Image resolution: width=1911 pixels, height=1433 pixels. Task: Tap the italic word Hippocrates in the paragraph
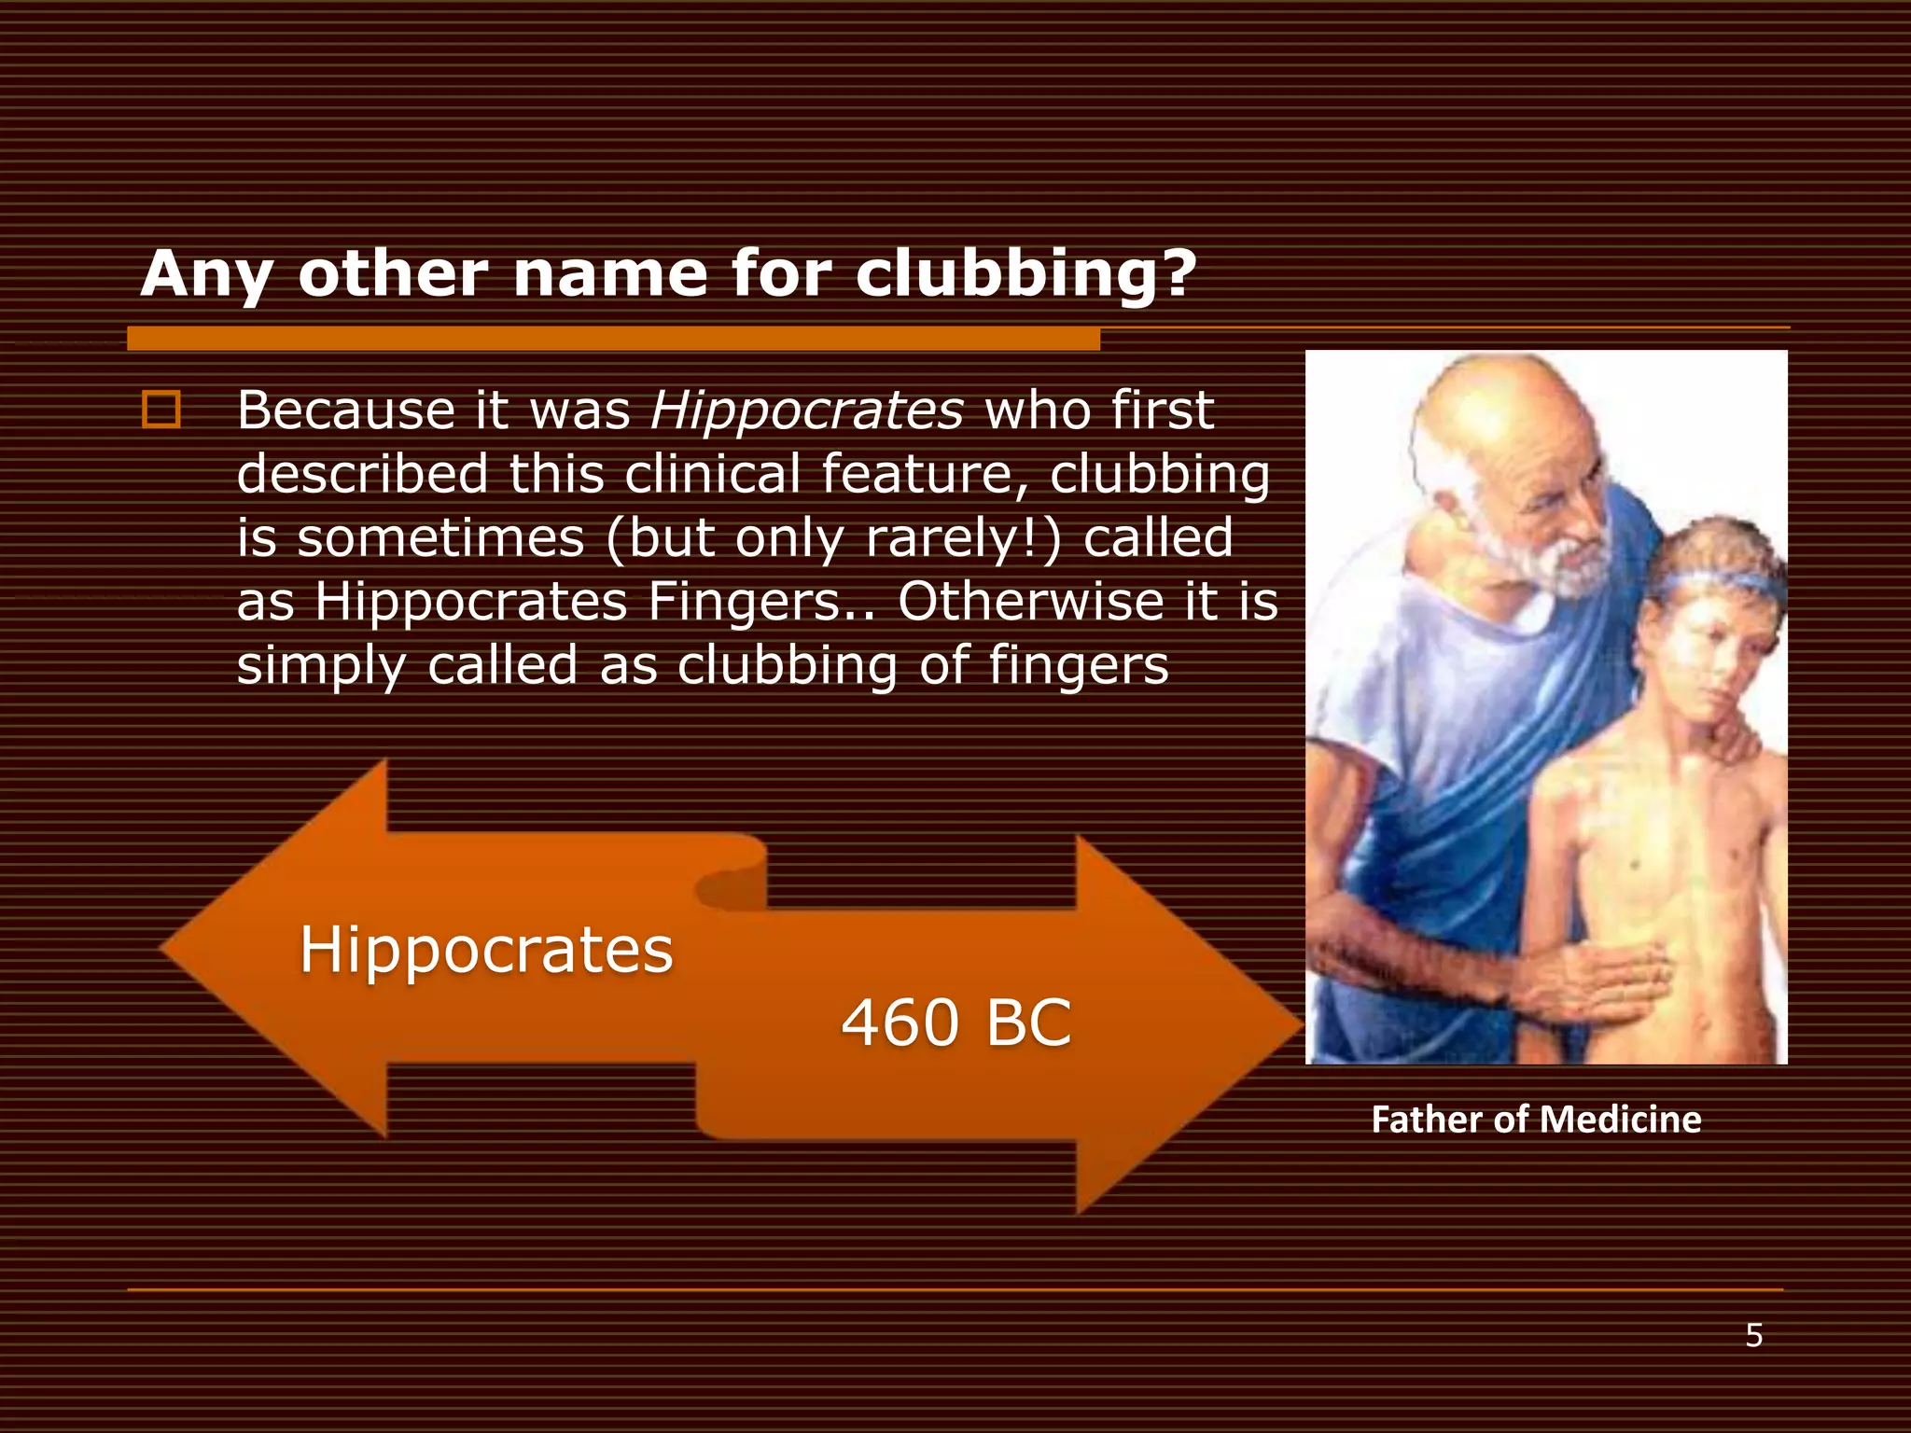pos(807,410)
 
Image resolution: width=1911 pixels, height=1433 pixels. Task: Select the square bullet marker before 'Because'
pos(160,410)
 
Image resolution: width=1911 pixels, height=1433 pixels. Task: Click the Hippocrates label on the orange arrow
pos(486,950)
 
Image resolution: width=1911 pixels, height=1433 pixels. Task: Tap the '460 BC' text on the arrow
pos(956,1023)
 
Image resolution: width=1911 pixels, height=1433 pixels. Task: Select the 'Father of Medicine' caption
pos(1536,1120)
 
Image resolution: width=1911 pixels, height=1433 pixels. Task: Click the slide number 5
pos(1754,1336)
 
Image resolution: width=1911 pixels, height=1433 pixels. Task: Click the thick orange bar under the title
pos(613,339)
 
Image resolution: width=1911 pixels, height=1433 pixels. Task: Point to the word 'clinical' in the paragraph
pos(712,475)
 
